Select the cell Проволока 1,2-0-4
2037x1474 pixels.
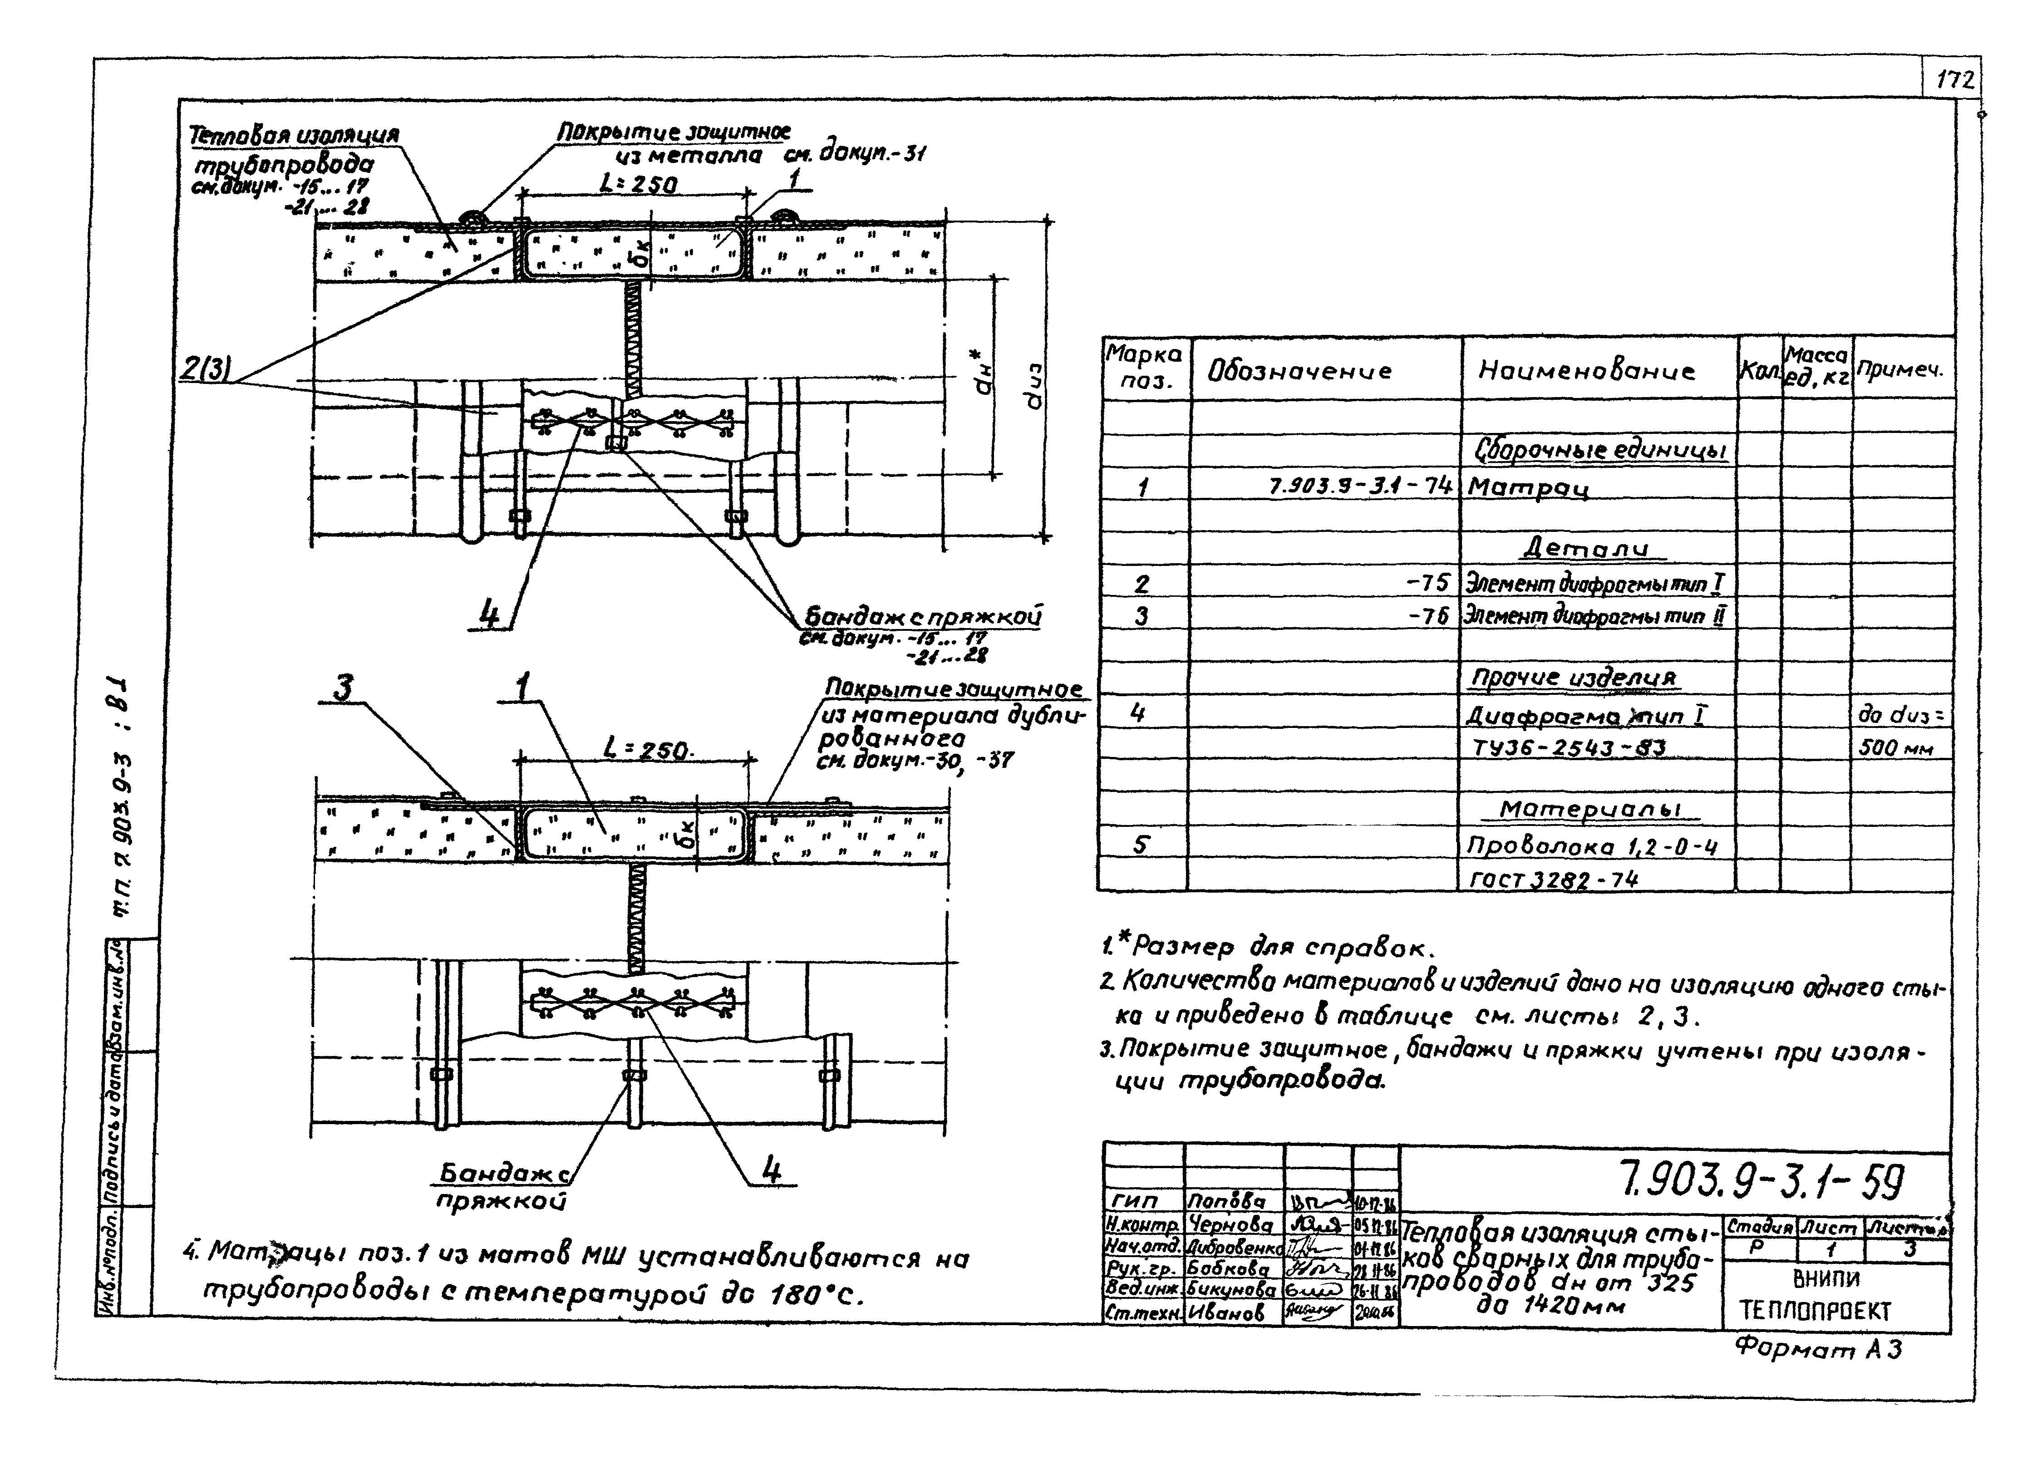coord(1591,846)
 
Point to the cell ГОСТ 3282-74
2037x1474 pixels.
coord(1552,879)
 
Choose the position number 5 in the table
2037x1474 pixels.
coord(1141,845)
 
